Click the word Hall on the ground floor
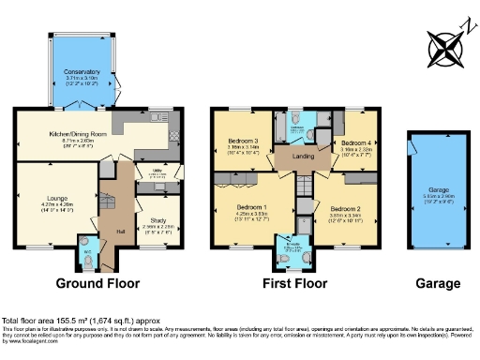click(x=120, y=232)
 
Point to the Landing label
click(x=300, y=157)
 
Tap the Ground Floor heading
click(x=97, y=283)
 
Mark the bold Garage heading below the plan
click(x=438, y=283)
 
